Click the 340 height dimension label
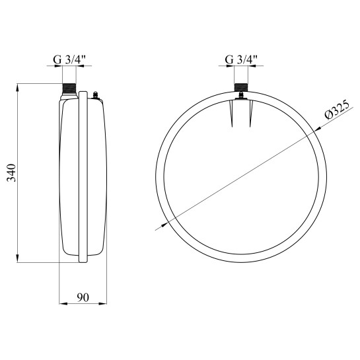point(11,172)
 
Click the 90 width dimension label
point(83,297)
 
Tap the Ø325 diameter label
point(337,110)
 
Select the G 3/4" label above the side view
point(69,60)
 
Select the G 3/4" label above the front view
point(241,60)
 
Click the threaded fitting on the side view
point(69,89)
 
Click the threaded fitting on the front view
point(241,88)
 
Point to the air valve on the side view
point(95,95)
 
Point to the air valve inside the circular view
point(241,96)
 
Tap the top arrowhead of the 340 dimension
point(17,87)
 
